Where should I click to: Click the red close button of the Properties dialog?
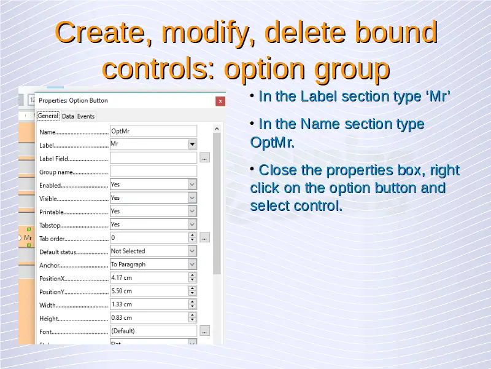(x=220, y=101)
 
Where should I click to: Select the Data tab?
(x=68, y=116)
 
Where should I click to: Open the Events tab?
(x=86, y=116)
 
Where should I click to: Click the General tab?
(x=48, y=116)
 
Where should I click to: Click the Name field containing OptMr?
(x=153, y=131)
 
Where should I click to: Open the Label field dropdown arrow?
(x=192, y=145)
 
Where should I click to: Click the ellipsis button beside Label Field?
(x=204, y=158)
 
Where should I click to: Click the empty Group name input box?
(x=153, y=172)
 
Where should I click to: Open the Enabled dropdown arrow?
(x=192, y=184)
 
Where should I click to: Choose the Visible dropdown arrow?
(x=192, y=197)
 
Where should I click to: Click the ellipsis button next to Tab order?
(x=204, y=238)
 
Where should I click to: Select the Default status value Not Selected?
(x=128, y=251)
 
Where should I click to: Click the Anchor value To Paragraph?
(x=128, y=264)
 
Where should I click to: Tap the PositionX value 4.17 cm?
(x=122, y=278)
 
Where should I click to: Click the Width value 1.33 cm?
(x=122, y=304)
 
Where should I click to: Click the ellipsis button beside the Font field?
(x=204, y=331)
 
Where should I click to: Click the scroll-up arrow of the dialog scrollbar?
(x=217, y=129)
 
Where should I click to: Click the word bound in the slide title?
(x=396, y=32)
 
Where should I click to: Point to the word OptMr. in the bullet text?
(x=273, y=143)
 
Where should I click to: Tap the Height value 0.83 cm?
(x=122, y=317)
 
